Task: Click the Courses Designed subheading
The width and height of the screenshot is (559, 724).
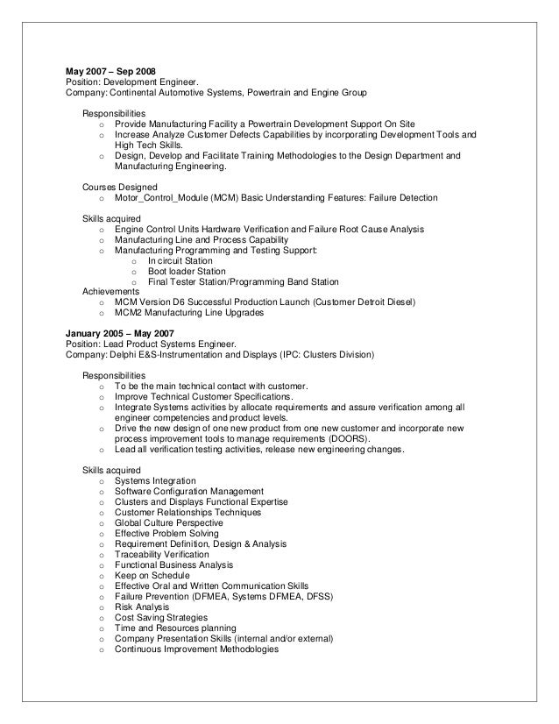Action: [x=120, y=188]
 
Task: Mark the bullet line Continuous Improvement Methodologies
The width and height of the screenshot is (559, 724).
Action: [x=196, y=649]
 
